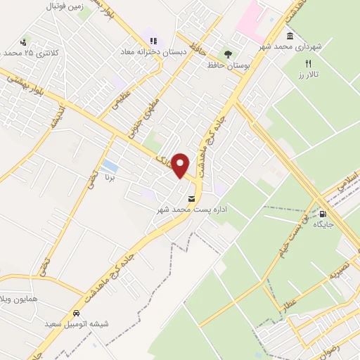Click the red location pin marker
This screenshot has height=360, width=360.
point(181,165)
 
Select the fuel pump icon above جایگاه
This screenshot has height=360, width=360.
point(323,214)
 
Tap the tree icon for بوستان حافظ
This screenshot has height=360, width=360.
point(227,53)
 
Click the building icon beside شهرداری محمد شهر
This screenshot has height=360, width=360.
point(290,36)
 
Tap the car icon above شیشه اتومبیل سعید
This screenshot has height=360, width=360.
point(75,314)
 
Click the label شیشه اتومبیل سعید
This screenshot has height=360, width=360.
point(75,325)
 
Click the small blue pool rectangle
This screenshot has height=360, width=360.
point(110,167)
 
